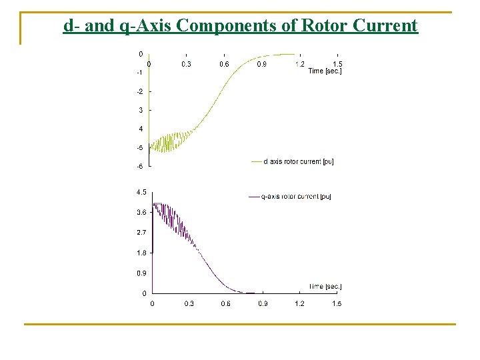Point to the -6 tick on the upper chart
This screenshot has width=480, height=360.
[139, 166]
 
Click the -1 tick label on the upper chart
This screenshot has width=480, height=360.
[139, 72]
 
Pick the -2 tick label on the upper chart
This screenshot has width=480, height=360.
[139, 91]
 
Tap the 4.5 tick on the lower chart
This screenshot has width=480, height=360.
[141, 192]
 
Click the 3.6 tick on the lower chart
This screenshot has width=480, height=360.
[141, 212]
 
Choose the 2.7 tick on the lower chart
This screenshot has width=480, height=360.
[141, 233]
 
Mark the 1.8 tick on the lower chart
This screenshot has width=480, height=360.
[141, 253]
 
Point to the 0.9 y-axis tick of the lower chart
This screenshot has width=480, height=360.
[141, 273]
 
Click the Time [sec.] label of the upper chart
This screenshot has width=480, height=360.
[325, 71]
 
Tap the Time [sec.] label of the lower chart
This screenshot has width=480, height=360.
[325, 287]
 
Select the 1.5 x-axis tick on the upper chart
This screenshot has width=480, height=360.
[337, 64]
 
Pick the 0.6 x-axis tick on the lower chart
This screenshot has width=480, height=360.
[226, 304]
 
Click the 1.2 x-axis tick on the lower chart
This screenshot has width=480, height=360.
[300, 304]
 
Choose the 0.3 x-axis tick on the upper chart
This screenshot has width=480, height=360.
[186, 64]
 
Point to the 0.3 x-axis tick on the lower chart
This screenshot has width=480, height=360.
[189, 304]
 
